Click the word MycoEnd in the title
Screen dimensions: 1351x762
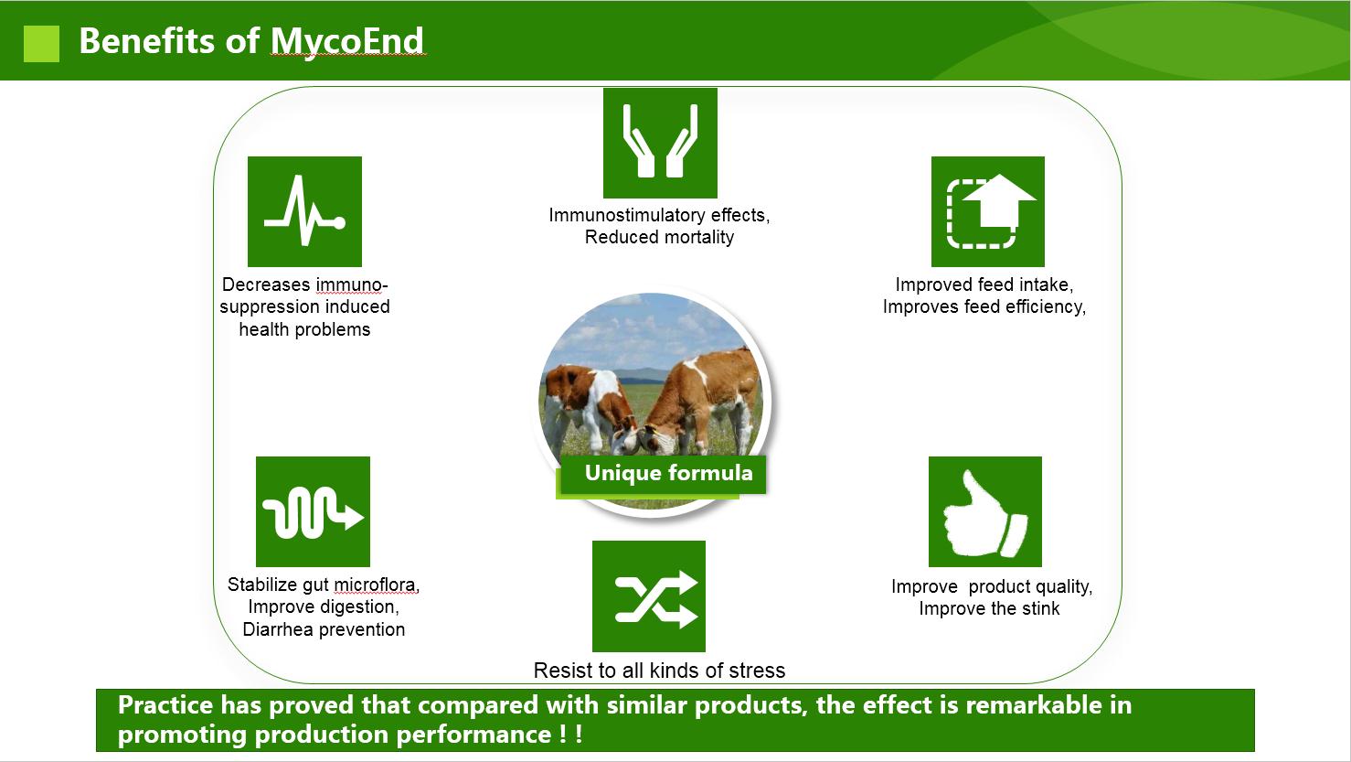(347, 41)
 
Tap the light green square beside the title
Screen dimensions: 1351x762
(42, 44)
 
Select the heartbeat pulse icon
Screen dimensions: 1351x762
(304, 211)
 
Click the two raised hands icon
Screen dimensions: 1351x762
(661, 143)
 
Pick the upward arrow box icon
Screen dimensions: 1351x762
(988, 211)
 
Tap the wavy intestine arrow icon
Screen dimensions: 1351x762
(313, 511)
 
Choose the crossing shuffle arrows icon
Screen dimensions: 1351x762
(649, 596)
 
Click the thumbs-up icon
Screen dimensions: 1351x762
(984, 511)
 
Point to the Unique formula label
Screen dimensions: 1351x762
(669, 473)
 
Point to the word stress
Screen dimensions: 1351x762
(757, 671)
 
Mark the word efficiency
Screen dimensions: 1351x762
(1046, 307)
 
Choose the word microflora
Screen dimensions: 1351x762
(377, 585)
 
